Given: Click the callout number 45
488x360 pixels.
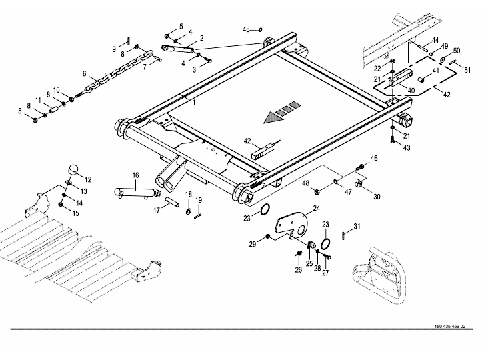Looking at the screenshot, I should click(246, 30).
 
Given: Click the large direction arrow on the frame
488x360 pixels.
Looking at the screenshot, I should click(273, 117).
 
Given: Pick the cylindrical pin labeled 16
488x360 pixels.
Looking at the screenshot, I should click(136, 191).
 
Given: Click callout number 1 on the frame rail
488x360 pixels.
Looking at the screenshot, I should click(194, 101).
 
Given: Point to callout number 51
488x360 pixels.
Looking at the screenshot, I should click(467, 69).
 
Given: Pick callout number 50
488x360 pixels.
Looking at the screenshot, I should click(456, 51).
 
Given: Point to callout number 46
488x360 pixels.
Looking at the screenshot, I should click(374, 158).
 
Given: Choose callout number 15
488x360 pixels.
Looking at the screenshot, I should click(76, 213).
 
